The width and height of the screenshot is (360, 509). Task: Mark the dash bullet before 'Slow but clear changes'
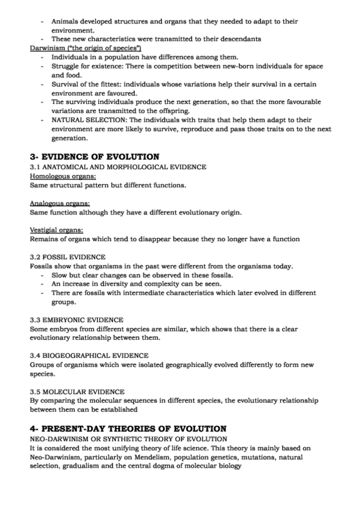coord(43,275)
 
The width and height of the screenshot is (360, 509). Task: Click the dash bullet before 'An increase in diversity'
coord(43,284)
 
